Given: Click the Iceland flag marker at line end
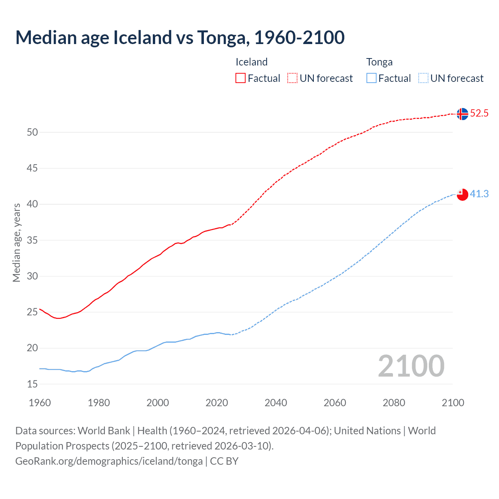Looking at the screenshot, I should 462,114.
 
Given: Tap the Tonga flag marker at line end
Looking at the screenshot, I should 462,194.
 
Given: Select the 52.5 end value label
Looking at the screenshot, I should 479,113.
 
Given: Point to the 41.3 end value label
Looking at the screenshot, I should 479,194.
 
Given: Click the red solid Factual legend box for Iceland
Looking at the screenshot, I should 241,78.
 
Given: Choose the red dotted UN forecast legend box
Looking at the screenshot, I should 292,78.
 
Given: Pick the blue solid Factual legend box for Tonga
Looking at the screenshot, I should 371,78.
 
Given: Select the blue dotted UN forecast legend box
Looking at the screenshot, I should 423,78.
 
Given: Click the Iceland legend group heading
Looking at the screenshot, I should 251,62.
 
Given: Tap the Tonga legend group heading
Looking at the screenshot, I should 379,62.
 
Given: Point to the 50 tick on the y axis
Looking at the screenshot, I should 32,132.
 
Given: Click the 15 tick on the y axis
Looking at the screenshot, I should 32,384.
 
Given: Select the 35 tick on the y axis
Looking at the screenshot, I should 32,240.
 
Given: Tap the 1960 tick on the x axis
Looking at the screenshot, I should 40,403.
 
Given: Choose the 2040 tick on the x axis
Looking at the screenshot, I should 276,403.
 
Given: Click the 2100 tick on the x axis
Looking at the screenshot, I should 453,403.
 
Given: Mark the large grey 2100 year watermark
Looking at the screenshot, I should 411,366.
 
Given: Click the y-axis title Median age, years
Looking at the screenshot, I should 16,242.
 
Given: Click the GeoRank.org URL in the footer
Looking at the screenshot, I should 109,461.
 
